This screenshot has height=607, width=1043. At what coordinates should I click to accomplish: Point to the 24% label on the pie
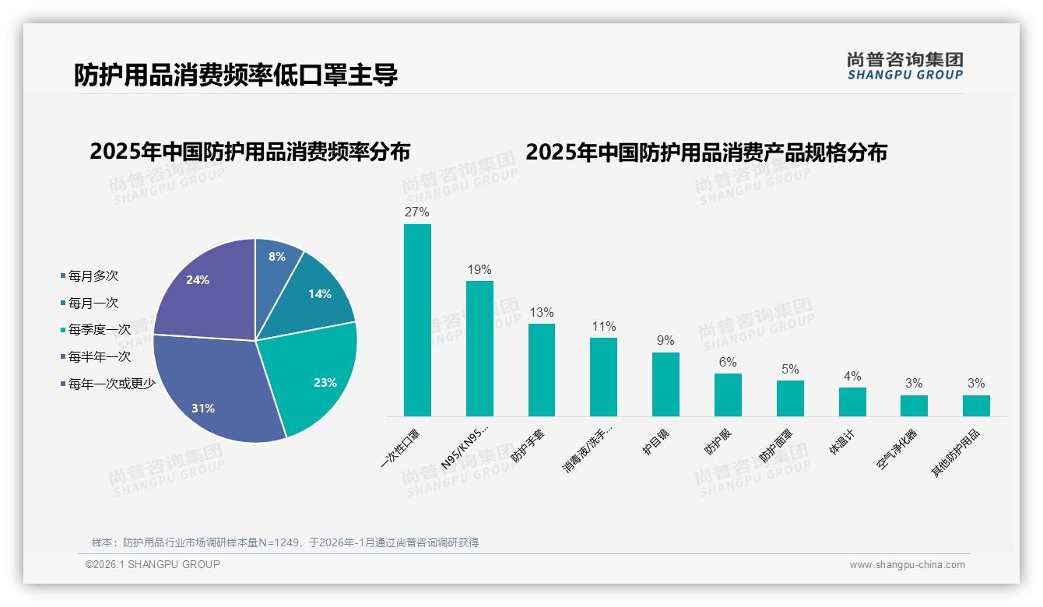[198, 280]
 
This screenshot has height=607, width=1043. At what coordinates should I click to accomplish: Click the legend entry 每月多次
[93, 276]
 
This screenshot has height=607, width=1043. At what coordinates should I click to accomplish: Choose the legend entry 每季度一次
[99, 330]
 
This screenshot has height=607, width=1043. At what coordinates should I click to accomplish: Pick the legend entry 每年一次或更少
[111, 384]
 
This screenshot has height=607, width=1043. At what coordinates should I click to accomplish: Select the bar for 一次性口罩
[417, 320]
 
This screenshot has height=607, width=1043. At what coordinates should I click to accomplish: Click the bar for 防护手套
[542, 370]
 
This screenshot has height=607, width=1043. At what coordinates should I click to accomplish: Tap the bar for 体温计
[852, 402]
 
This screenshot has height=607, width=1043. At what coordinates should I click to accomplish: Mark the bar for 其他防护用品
[976, 405]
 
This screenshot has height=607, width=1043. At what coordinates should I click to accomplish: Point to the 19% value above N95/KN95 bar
[479, 270]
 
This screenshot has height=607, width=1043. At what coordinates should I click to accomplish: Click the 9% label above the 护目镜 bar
[665, 341]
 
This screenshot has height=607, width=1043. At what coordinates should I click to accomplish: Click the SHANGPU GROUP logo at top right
[904, 66]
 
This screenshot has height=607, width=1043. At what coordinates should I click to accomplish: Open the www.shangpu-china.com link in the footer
[907, 565]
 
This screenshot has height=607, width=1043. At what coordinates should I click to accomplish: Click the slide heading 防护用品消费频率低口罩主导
[236, 75]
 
